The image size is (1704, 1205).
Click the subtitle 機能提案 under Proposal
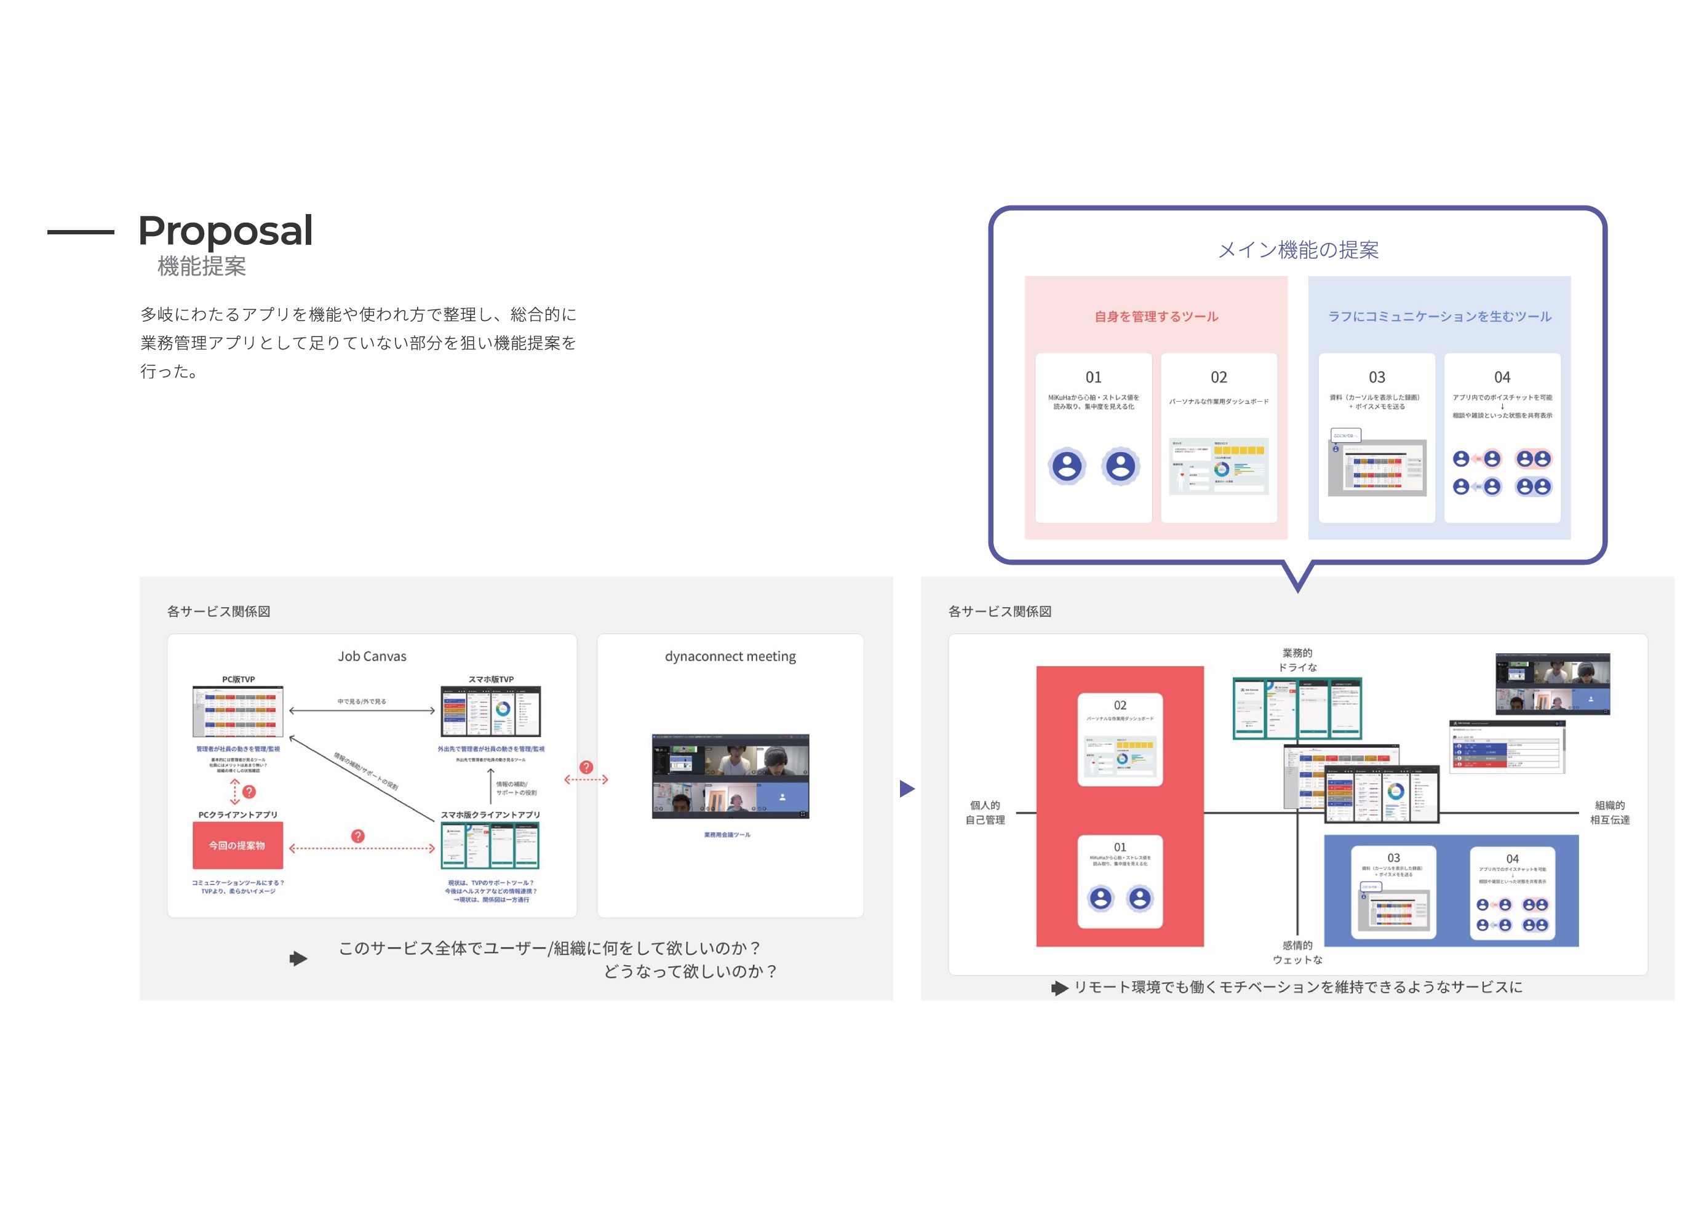pos(201,266)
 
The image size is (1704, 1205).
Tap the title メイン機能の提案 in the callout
pos(1298,250)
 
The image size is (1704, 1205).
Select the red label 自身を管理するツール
pos(1157,317)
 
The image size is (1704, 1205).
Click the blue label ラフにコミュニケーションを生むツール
pos(1439,317)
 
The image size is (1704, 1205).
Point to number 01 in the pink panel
pos(1093,377)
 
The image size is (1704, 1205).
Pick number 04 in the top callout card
pos(1502,377)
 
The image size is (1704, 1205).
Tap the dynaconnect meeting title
pos(730,656)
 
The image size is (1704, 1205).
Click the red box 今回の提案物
pos(237,846)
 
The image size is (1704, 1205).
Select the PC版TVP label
pos(238,679)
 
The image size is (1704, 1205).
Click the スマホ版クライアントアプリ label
pos(490,814)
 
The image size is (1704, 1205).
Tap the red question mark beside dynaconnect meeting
pos(586,767)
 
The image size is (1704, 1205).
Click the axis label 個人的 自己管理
pos(985,813)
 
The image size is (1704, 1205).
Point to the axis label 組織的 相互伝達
pos(1610,813)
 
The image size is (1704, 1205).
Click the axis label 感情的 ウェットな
pos(1297,952)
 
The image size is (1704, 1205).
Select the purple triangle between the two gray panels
pos(907,788)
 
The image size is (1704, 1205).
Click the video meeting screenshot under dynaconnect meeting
pos(730,776)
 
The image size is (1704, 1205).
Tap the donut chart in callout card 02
pos(1222,469)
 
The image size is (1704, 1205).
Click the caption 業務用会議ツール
pos(727,835)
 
